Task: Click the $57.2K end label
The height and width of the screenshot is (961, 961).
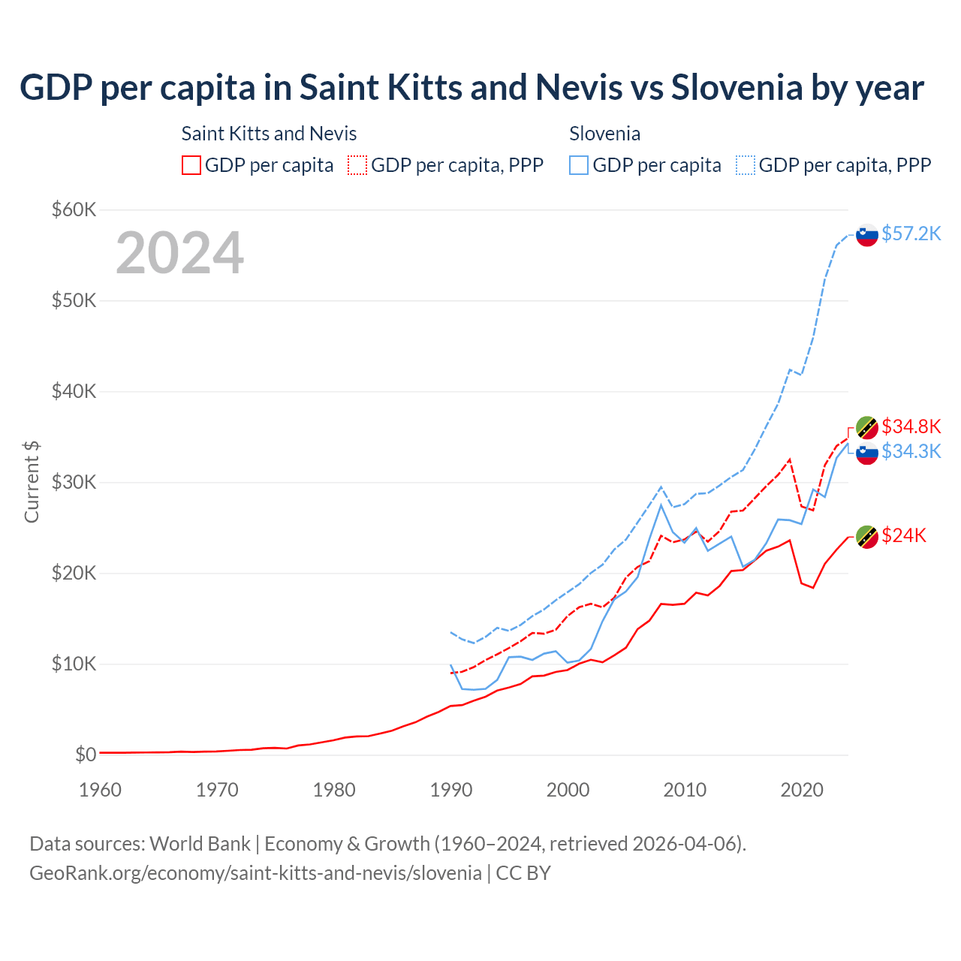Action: click(911, 233)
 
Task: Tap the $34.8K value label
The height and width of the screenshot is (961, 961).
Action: click(911, 426)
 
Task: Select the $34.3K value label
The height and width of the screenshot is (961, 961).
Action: click(911, 451)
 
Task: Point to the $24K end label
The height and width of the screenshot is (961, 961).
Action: click(904, 535)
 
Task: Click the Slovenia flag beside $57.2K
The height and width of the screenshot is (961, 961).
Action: click(867, 235)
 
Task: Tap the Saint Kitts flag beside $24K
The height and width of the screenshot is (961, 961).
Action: click(867, 537)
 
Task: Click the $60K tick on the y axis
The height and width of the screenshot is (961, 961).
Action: click(74, 209)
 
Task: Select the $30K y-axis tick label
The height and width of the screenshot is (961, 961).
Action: click(74, 482)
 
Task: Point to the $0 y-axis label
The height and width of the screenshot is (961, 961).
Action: click(86, 755)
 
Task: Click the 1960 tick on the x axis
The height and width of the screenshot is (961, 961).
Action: click(100, 790)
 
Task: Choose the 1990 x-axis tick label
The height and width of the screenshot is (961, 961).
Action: click(451, 790)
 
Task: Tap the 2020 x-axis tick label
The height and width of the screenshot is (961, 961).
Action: click(802, 790)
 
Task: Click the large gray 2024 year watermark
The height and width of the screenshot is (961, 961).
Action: click(180, 253)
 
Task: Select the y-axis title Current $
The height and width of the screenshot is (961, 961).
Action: click(32, 482)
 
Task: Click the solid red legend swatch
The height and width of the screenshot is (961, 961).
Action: click(191, 165)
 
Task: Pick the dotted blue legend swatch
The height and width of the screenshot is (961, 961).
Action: click(746, 165)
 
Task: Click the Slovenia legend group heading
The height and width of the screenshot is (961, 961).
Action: click(604, 134)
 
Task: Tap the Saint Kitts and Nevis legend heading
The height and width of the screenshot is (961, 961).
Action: click(269, 134)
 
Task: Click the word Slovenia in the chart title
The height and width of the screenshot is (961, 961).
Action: click(737, 87)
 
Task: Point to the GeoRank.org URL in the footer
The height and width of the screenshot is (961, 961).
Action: click(255, 873)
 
